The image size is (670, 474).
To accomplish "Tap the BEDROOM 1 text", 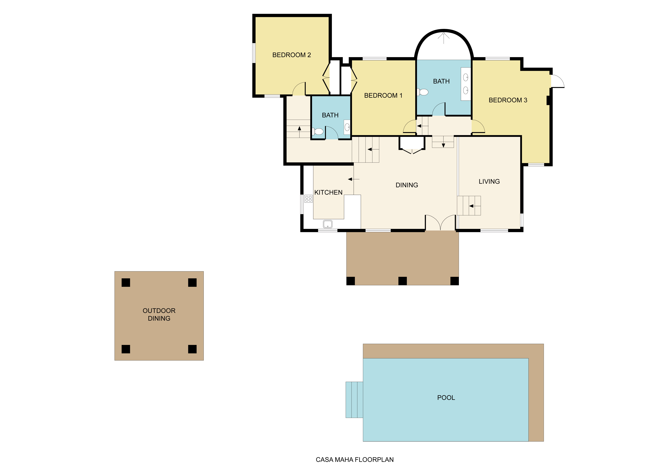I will click(x=383, y=96).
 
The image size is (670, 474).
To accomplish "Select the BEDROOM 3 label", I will click(x=508, y=100).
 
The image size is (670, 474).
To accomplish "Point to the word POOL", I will click(x=446, y=398).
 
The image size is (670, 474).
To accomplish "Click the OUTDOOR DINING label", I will click(x=159, y=314).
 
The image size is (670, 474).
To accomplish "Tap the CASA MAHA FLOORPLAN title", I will click(x=355, y=460).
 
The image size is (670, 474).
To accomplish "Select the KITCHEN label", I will click(x=328, y=192).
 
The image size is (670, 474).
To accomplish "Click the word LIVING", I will click(x=489, y=182).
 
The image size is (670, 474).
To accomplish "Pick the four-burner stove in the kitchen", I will click(x=308, y=199).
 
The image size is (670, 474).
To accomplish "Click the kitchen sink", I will click(x=328, y=224).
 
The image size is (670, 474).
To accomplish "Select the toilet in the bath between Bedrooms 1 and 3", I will click(x=423, y=92).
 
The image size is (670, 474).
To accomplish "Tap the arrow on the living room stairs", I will click(x=471, y=206).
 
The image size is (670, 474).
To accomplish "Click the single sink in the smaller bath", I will click(x=347, y=127).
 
